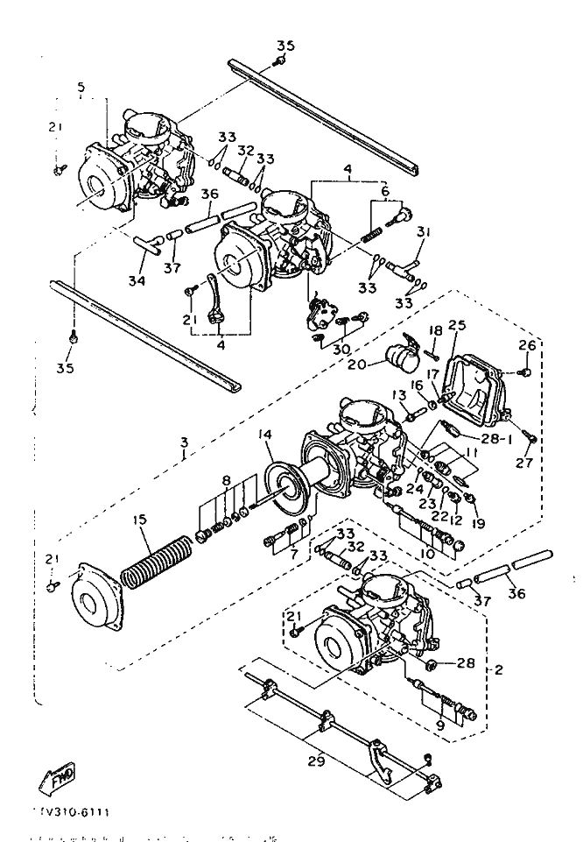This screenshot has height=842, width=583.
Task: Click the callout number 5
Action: pos(81,88)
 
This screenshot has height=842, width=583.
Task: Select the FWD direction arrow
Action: pos(60,775)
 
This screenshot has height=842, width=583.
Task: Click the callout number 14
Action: pos(264,435)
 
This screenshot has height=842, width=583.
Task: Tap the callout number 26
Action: pos(527,344)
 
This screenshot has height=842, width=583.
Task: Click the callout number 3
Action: pos(183,454)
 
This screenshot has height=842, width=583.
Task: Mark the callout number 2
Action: pos(498,670)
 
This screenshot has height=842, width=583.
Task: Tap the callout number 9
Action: pos(439,725)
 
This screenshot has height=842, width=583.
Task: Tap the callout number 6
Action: pos(383,191)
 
